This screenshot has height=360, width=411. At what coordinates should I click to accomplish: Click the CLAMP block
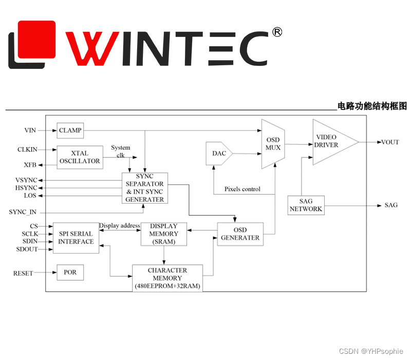tap(70, 130)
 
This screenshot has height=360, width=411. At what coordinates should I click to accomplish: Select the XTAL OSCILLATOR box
tap(80, 157)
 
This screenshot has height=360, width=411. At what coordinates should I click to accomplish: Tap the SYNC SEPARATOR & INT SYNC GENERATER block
tap(145, 188)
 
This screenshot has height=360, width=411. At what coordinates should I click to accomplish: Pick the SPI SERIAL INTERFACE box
tap(76, 238)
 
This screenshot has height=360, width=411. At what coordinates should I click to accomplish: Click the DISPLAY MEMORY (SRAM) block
tap(163, 234)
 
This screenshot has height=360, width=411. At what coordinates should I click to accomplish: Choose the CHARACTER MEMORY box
tap(167, 278)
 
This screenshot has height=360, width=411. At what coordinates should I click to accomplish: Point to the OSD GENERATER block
tap(240, 234)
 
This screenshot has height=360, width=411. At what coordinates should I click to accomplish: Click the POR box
tap(70, 272)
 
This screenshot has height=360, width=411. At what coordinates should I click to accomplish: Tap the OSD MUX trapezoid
tap(273, 144)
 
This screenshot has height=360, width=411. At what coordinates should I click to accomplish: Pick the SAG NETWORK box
tap(306, 205)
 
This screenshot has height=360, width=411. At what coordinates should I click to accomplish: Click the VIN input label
tap(30, 130)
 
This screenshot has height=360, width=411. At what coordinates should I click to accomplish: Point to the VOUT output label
tap(390, 142)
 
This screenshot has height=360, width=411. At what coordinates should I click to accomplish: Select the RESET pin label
tap(23, 273)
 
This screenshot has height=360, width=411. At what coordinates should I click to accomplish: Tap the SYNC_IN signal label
tap(23, 212)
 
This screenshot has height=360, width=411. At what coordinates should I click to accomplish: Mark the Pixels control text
tap(242, 189)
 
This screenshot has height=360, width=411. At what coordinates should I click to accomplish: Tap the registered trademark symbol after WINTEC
tap(276, 32)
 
